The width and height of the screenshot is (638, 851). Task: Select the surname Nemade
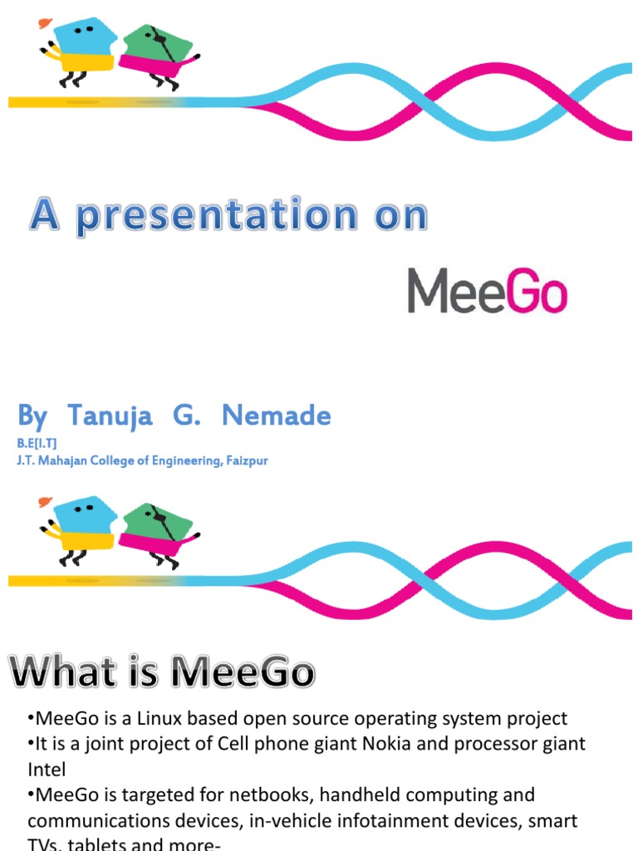click(x=277, y=416)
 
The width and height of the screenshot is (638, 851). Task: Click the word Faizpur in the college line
click(x=245, y=460)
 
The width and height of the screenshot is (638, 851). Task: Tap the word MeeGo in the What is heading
click(x=242, y=671)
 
